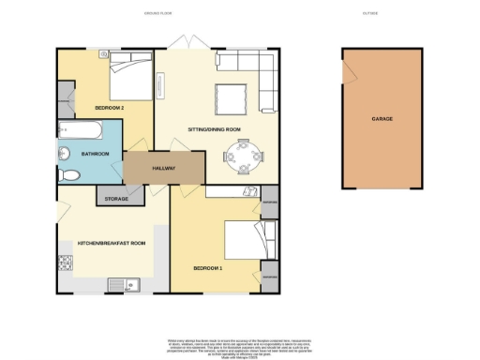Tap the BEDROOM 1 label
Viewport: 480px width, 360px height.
tap(208, 267)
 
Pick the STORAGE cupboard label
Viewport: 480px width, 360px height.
tap(116, 198)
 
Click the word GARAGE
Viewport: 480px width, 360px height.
tap(382, 120)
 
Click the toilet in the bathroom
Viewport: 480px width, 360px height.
tap(67, 175)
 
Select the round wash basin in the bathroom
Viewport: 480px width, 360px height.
tap(64, 153)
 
